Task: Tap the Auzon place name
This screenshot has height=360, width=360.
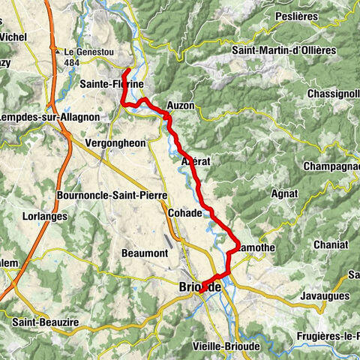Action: pos(181,106)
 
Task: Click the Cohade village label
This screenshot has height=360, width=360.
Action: pos(185,213)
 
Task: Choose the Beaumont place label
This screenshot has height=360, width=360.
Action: pos(145,253)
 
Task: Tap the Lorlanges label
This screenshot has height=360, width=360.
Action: pos(46,216)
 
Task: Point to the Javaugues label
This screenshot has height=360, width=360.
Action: pos(328,295)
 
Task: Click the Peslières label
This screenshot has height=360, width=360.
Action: pos(316,15)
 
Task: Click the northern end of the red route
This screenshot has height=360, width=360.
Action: pos(127,70)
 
